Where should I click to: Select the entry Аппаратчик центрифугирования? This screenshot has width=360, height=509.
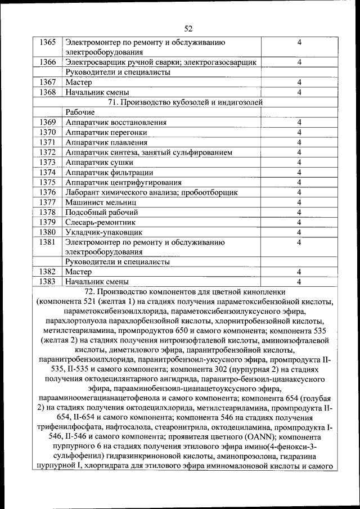[x=123, y=182]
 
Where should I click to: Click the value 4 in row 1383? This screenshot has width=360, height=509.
[x=299, y=281]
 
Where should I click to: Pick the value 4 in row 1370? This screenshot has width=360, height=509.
[x=299, y=132]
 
